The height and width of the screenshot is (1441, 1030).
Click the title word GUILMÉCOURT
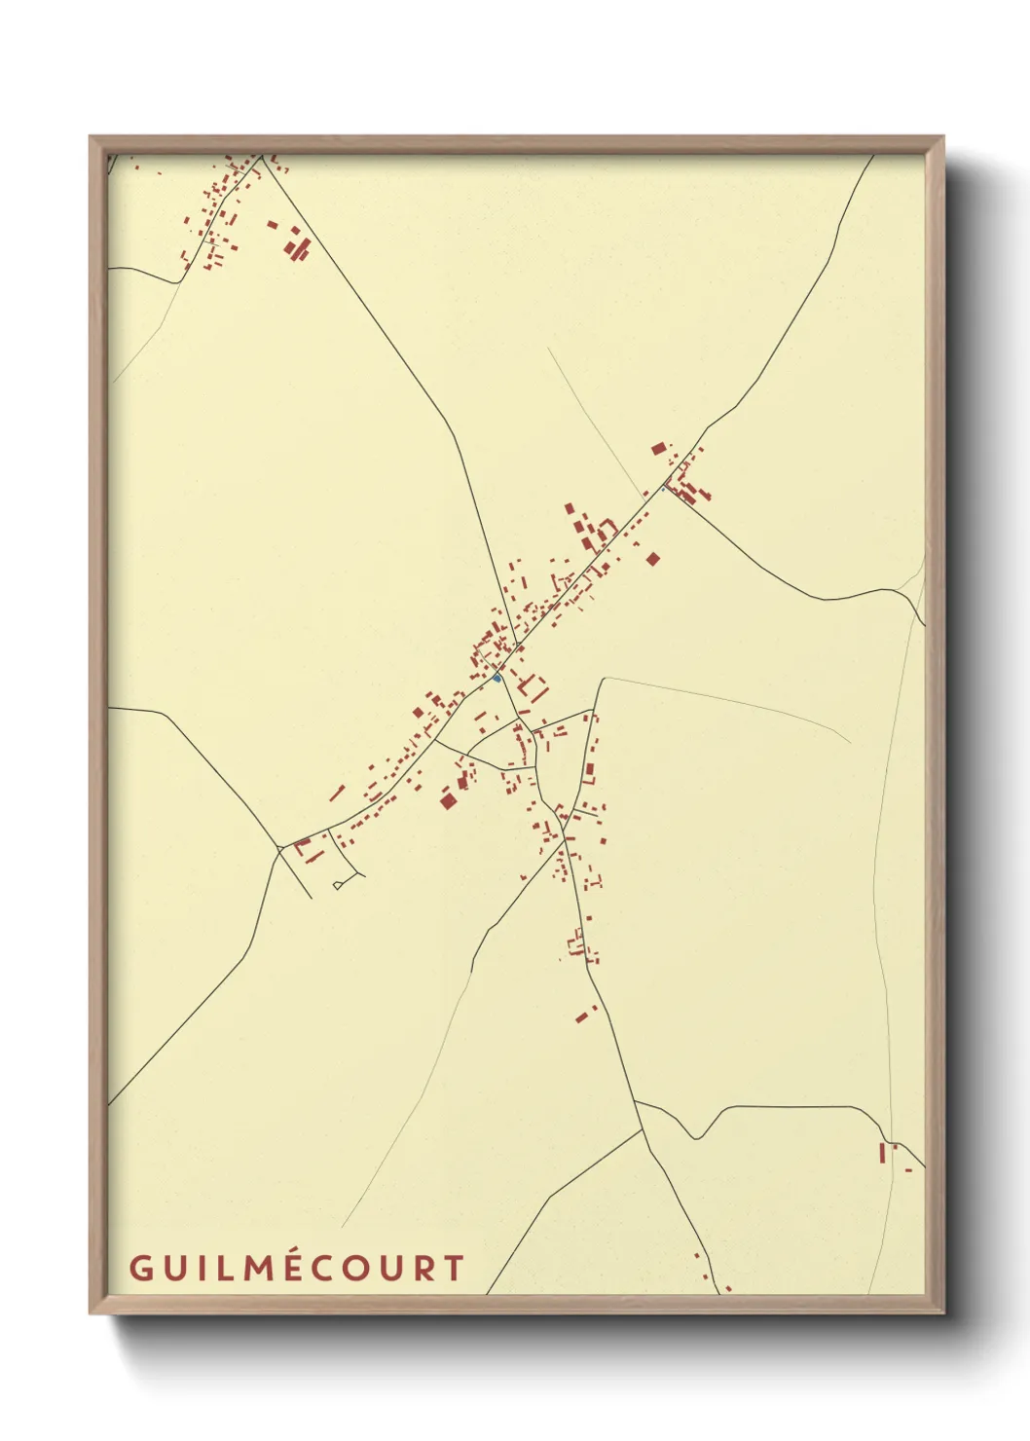tap(297, 1268)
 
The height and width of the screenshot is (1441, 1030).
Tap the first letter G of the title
tap(139, 1268)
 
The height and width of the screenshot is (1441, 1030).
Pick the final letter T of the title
tap(453, 1268)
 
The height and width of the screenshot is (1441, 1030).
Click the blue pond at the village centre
tap(497, 678)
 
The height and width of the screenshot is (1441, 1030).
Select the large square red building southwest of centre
tap(448, 800)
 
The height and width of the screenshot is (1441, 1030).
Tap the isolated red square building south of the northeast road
tap(653, 559)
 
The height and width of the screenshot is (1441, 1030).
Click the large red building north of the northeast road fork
tap(659, 449)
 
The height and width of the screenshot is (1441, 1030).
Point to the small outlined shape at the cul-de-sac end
tap(338, 884)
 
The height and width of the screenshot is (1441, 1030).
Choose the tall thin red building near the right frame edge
tap(882, 1153)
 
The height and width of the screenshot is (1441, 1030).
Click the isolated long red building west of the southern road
tap(583, 1016)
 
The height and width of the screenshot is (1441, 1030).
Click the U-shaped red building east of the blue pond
tap(533, 688)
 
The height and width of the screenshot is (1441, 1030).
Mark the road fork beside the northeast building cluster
tap(667, 484)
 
